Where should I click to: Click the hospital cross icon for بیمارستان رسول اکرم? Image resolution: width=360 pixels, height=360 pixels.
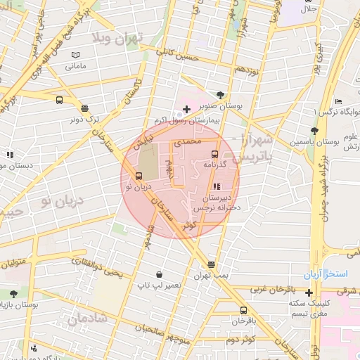coord(186,108)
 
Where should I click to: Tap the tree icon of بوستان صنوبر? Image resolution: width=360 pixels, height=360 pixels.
coord(221,94)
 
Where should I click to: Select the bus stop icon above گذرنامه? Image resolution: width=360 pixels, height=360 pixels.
coord(214,154)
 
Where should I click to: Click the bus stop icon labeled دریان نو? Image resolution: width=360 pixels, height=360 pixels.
coord(138,176)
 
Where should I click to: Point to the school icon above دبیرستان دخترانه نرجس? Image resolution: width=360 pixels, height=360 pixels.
coord(216,186)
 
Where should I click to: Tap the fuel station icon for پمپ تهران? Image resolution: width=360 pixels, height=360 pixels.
coord(212,264)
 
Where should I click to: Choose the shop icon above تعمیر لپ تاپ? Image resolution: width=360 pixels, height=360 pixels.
coord(160,274)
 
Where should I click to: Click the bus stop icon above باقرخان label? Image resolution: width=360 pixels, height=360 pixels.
coord(243,310)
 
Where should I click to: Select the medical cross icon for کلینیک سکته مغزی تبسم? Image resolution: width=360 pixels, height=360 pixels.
coord(309,292)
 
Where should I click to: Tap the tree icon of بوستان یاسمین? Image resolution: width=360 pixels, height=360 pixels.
coord(314,131)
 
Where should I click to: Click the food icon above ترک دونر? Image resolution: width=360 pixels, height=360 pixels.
coord(85,108)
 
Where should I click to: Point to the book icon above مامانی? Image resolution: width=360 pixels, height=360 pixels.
coord(76,55)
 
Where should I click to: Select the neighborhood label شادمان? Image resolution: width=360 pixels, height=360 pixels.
coord(88,319)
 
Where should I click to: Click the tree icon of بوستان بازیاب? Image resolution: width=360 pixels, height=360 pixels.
coord(13,293)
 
